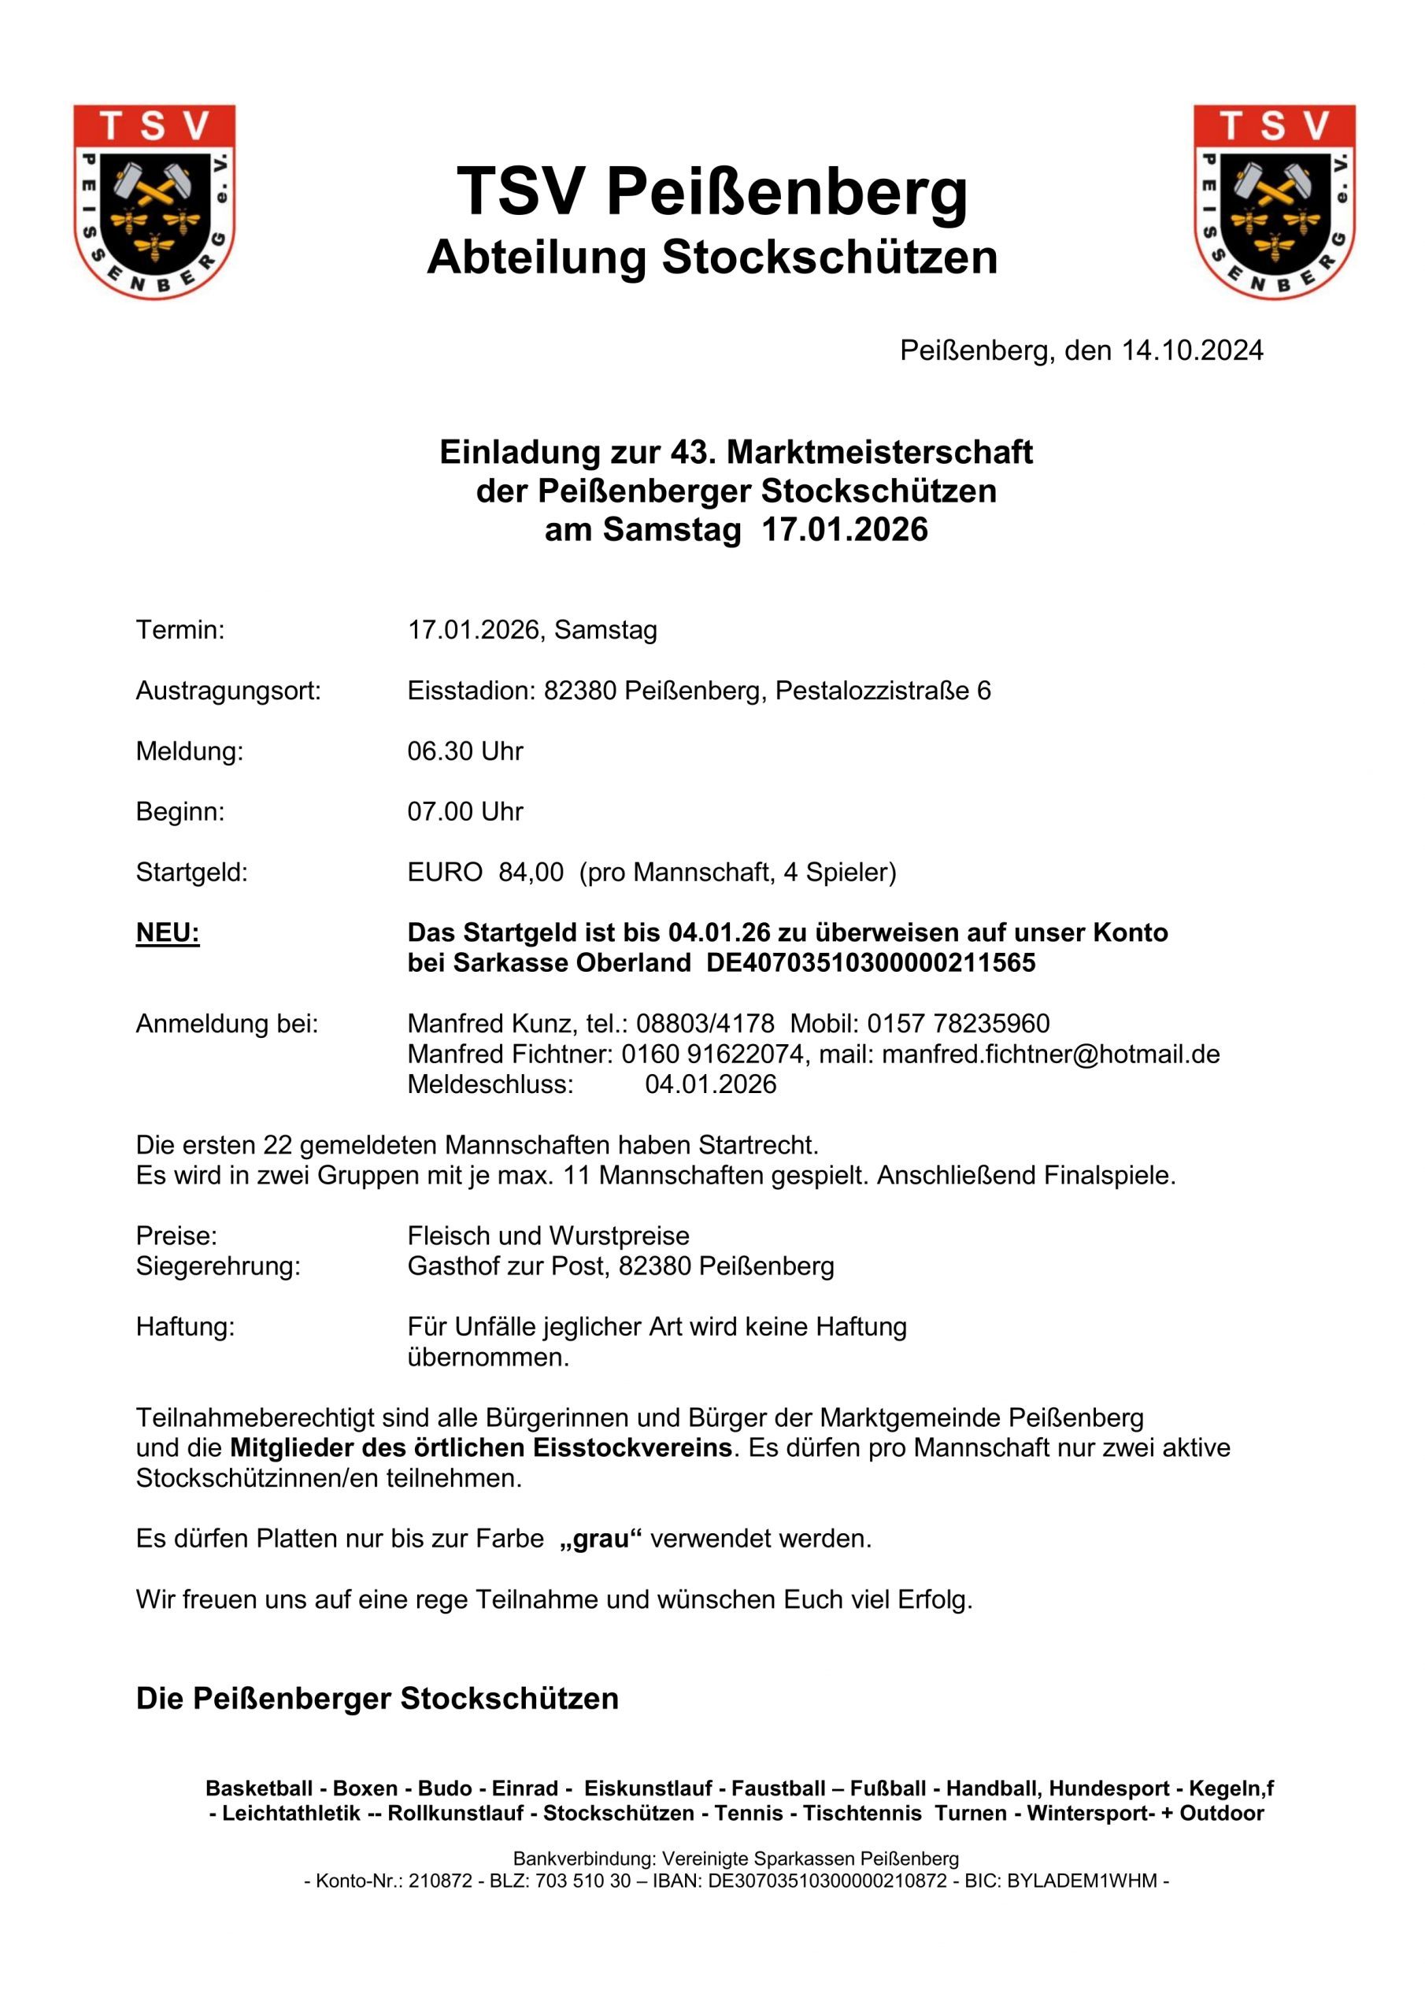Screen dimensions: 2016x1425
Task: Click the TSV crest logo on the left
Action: (154, 201)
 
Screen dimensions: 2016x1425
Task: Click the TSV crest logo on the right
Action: (1274, 201)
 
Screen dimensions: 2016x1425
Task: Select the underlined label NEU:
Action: (168, 932)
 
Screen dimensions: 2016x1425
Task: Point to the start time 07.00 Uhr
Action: (465, 811)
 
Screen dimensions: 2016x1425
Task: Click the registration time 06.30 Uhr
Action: (465, 750)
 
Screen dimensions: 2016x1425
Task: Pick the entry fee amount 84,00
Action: (531, 872)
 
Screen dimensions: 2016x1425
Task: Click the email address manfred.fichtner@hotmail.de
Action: (1050, 1054)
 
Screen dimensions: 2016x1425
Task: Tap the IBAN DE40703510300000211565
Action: (871, 963)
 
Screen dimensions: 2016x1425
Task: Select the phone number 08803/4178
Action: (705, 1023)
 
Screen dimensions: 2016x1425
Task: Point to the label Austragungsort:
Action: (228, 690)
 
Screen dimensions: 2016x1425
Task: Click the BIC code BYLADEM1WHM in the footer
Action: (1081, 1881)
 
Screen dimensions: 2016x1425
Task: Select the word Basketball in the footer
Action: (258, 1788)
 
